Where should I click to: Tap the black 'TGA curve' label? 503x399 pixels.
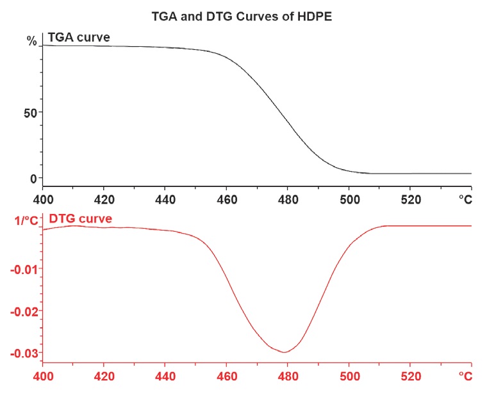tap(79, 38)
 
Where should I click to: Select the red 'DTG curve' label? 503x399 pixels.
tap(80, 219)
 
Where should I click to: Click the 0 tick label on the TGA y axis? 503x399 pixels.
tap(33, 179)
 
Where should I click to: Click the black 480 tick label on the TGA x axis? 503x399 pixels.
tap(287, 199)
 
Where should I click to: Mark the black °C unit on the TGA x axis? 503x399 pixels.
tap(465, 199)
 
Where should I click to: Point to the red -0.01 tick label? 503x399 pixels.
tap(24, 268)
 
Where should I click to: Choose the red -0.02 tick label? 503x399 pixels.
tap(24, 311)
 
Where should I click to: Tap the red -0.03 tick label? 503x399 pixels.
tap(24, 352)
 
